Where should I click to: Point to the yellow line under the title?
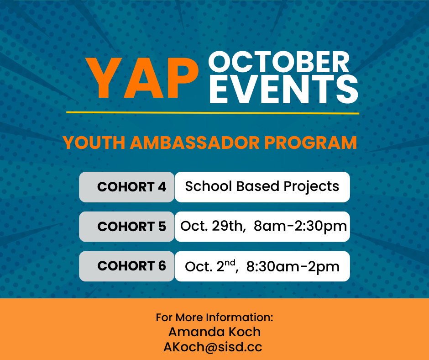(x=213, y=112)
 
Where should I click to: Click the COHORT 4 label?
(x=131, y=187)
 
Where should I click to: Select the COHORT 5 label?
(x=131, y=226)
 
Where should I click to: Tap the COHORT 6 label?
(x=131, y=266)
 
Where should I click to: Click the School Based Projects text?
(x=262, y=186)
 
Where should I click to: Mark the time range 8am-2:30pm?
(x=300, y=226)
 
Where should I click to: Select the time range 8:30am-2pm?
(x=293, y=266)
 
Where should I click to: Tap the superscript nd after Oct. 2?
(x=230, y=263)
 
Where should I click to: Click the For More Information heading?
(x=214, y=318)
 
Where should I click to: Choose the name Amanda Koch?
(x=214, y=332)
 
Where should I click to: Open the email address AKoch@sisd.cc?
(x=213, y=347)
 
